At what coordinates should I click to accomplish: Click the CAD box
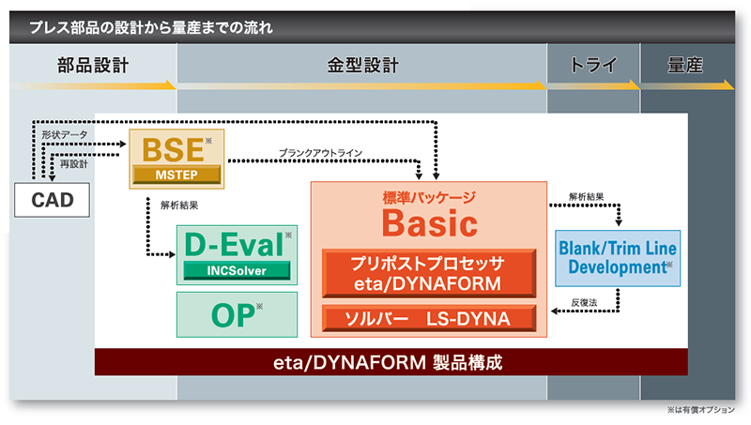(x=52, y=200)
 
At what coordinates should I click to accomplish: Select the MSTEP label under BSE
(x=176, y=175)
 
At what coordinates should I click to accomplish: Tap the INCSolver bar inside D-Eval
(x=237, y=270)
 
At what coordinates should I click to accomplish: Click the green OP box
(x=237, y=314)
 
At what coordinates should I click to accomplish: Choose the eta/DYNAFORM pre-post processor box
(x=429, y=273)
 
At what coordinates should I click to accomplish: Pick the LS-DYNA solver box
(x=429, y=318)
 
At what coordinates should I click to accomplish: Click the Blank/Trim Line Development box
(x=618, y=258)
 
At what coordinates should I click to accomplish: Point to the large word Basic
(x=430, y=223)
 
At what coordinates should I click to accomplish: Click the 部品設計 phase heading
(x=93, y=65)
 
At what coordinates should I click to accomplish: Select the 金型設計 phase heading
(x=362, y=65)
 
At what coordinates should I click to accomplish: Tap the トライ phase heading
(x=593, y=65)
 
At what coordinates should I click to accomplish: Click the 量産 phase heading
(x=685, y=65)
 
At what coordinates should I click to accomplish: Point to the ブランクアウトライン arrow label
(x=320, y=153)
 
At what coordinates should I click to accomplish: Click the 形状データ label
(x=65, y=135)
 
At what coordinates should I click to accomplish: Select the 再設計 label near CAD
(x=74, y=164)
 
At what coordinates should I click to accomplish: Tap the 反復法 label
(x=584, y=302)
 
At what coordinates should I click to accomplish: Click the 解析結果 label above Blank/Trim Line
(x=586, y=197)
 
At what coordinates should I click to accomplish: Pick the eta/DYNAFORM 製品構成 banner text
(x=388, y=362)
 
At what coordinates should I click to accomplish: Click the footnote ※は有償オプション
(x=700, y=410)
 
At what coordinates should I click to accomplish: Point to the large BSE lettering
(x=173, y=150)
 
